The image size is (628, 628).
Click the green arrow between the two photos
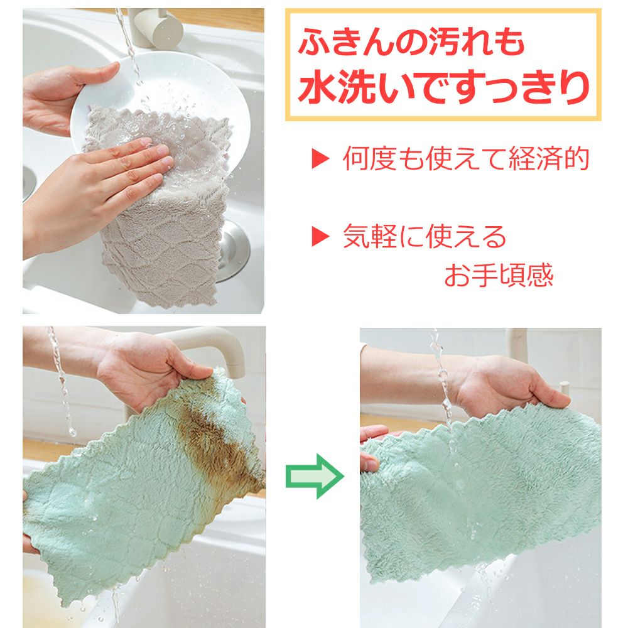pos(315,476)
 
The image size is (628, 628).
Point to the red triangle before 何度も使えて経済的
pos(320,159)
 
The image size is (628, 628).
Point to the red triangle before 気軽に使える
pos(320,236)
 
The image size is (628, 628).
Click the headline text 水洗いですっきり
pos(444,87)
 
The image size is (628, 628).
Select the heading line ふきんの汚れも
pos(411,41)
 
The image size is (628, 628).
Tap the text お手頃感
pos(499,275)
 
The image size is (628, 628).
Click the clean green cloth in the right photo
pos(480,492)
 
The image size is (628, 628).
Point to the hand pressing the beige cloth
pos(96,188)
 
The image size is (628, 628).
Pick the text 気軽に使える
pos(425,236)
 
